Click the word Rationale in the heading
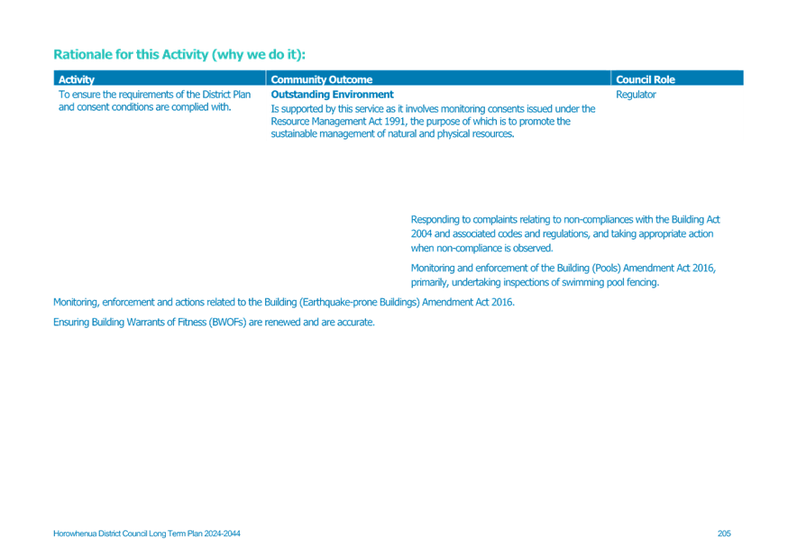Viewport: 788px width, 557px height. pyautogui.click(x=80, y=54)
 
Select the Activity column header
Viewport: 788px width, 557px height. pyautogui.click(x=77, y=79)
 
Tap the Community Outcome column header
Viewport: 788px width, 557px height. pyautogui.click(x=322, y=79)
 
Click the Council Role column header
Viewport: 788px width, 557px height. pyautogui.click(x=646, y=79)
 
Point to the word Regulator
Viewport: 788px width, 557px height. pyautogui.click(x=636, y=95)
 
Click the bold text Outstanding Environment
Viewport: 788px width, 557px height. pyautogui.click(x=332, y=95)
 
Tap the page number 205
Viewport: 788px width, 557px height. pyautogui.click(x=724, y=534)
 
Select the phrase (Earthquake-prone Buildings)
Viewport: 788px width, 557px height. pyautogui.click(x=360, y=302)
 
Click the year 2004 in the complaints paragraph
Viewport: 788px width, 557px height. pyautogui.click(x=421, y=233)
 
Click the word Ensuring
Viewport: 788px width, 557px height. pyautogui.click(x=71, y=322)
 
